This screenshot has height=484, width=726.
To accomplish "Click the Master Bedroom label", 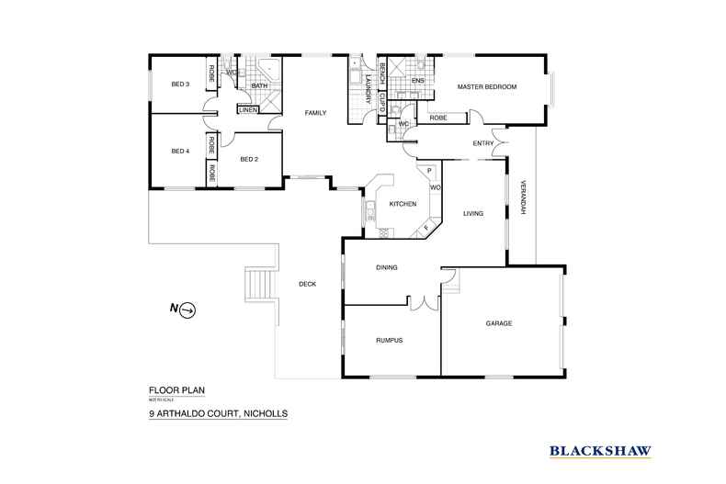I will coord(487,87).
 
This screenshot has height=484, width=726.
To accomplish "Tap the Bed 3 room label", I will coord(180,84).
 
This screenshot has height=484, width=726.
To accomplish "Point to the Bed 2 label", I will coord(248,159).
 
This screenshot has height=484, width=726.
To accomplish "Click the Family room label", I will coord(316,113).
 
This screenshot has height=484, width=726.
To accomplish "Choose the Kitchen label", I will coord(403,203).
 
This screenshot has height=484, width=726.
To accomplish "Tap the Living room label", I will coord(473,213).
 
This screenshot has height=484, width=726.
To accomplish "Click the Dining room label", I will coord(387,268).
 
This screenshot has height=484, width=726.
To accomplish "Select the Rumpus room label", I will coord(390,341).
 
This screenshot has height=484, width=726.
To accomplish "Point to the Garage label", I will coord(499,323).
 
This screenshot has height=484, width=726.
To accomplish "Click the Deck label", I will coord(307,284).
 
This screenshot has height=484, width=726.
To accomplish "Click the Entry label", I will coord(483,143).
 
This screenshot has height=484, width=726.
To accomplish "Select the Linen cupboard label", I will coord(247,110).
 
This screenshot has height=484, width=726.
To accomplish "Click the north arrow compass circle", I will coord(187,310).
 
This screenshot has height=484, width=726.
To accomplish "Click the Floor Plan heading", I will coord(176,390).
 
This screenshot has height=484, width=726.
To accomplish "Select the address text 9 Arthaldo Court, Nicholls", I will coord(218,414).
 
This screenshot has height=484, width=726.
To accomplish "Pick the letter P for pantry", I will coord(428,172).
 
